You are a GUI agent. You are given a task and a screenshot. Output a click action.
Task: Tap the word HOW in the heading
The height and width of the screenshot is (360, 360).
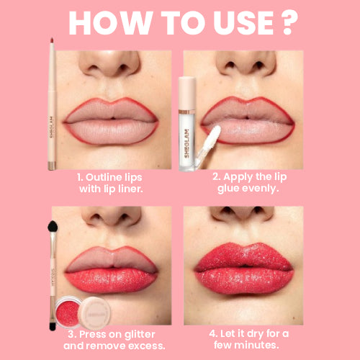coord(104,23)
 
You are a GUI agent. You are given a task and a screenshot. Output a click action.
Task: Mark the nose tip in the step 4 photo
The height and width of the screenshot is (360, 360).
coord(243,213)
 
